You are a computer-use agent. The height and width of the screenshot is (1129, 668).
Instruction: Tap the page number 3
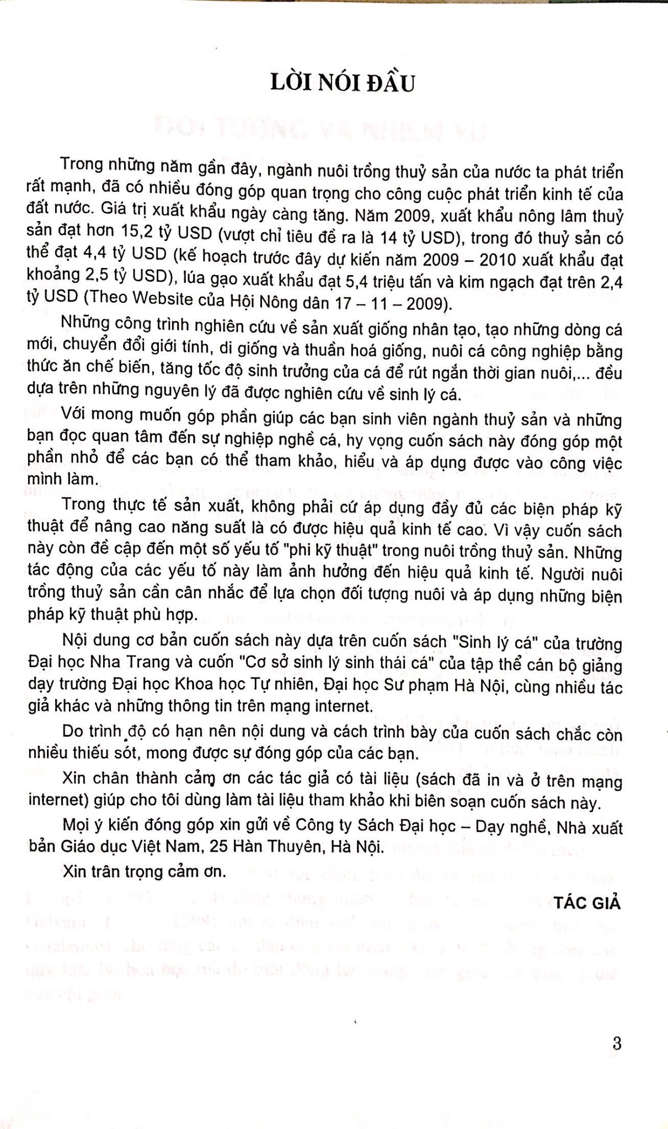coord(617,1043)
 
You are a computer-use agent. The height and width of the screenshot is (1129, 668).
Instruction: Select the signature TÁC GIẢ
coord(588,903)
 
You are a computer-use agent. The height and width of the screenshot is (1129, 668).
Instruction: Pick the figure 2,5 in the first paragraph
coord(102,281)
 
